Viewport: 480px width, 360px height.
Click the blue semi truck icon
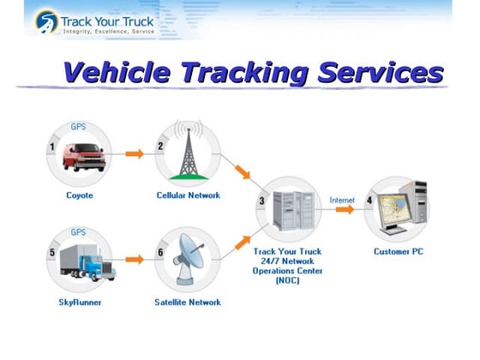87,261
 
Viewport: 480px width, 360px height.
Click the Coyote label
80,195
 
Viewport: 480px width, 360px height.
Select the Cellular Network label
188,195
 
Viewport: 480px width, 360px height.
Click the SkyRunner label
80,303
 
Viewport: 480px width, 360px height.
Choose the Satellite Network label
188,303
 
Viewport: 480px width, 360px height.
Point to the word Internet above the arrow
342,200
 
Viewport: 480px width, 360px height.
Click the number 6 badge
159,254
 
